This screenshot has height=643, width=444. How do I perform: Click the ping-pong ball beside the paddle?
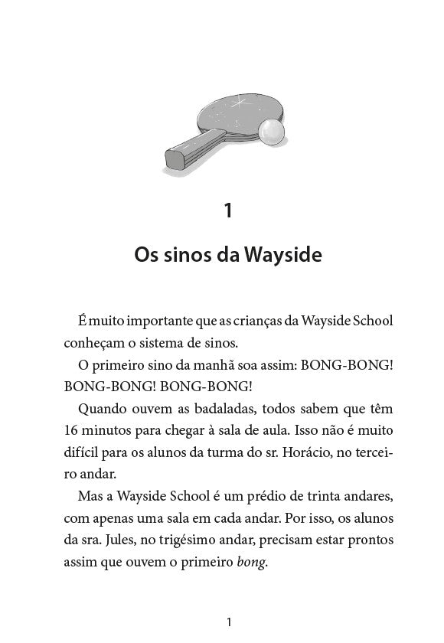(x=270, y=133)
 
